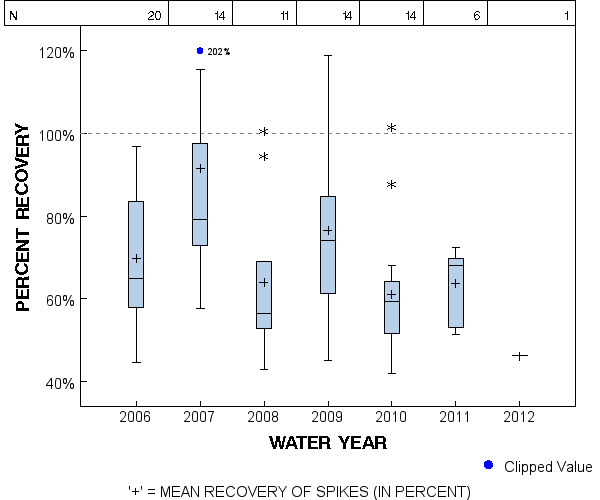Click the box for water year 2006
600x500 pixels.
pyautogui.click(x=136, y=254)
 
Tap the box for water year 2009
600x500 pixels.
pyautogui.click(x=328, y=245)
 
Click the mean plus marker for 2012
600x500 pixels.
pyautogui.click(x=520, y=356)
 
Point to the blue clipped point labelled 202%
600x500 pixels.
pyautogui.click(x=200, y=51)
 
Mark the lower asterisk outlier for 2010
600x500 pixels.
pyautogui.click(x=392, y=185)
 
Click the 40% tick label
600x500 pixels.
pyautogui.click(x=56, y=382)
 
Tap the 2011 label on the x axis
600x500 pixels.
pyautogui.click(x=456, y=416)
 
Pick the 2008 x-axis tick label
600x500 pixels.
pyautogui.click(x=264, y=416)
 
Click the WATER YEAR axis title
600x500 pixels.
pyautogui.click(x=328, y=442)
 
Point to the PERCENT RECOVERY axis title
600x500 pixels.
pyautogui.click(x=24, y=216)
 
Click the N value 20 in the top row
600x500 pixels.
pyautogui.click(x=154, y=16)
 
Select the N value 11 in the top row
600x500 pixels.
pyautogui.click(x=284, y=16)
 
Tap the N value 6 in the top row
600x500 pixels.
pyautogui.click(x=477, y=16)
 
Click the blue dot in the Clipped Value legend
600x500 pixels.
pyautogui.click(x=488, y=465)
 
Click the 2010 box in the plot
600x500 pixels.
pyautogui.click(x=392, y=307)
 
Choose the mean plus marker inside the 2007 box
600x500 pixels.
pyautogui.click(x=200, y=168)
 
